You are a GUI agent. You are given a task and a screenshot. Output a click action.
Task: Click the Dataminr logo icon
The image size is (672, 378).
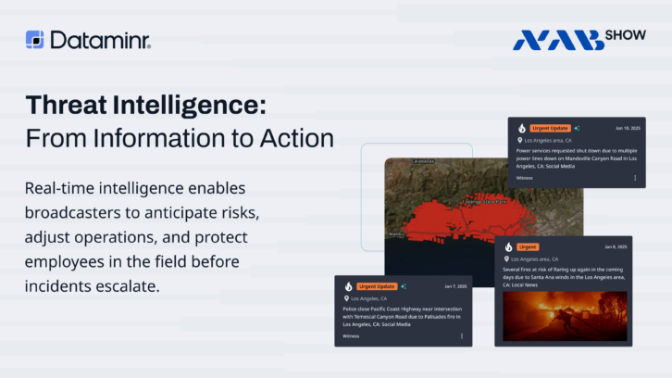point(34,39)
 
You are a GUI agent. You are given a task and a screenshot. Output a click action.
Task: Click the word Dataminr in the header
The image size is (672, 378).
point(100,40)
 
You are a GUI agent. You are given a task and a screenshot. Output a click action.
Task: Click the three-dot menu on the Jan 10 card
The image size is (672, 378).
point(635,177)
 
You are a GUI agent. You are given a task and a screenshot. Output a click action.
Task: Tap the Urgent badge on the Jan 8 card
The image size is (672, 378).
point(528,247)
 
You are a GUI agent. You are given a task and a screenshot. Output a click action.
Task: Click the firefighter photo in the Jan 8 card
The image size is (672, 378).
point(565,316)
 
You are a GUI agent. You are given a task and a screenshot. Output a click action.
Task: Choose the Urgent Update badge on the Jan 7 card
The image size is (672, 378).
point(377,286)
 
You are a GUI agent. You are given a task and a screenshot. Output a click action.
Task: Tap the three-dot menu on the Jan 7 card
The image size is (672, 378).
point(462,335)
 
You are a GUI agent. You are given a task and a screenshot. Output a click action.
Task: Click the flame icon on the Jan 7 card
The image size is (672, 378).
point(349,286)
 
